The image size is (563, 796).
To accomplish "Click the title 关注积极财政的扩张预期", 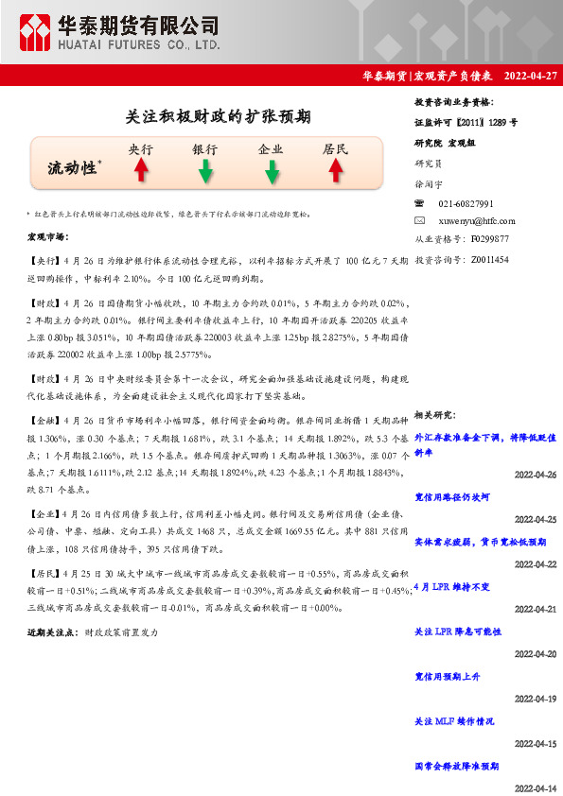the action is pyautogui.click(x=218, y=116).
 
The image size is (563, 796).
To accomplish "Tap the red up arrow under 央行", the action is pyautogui.click(x=140, y=169).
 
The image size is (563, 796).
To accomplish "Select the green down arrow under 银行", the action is pyautogui.click(x=204, y=170).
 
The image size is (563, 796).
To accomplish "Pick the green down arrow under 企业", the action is pyautogui.click(x=271, y=170).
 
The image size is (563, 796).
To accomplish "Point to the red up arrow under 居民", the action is pyautogui.click(x=335, y=169).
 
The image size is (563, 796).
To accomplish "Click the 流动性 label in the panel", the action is pyautogui.click(x=73, y=168).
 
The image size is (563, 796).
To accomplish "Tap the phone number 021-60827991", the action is pyautogui.click(x=466, y=203).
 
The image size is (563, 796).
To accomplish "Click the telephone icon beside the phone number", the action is pyautogui.click(x=420, y=203).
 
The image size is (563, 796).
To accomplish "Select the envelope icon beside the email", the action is pyautogui.click(x=420, y=220).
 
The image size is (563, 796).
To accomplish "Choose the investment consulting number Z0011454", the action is pyautogui.click(x=489, y=258).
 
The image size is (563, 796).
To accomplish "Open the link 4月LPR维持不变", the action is pyautogui.click(x=452, y=586).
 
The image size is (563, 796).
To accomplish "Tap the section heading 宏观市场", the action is pyautogui.click(x=48, y=236).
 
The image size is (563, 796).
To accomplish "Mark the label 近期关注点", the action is pyautogui.click(x=52, y=631).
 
